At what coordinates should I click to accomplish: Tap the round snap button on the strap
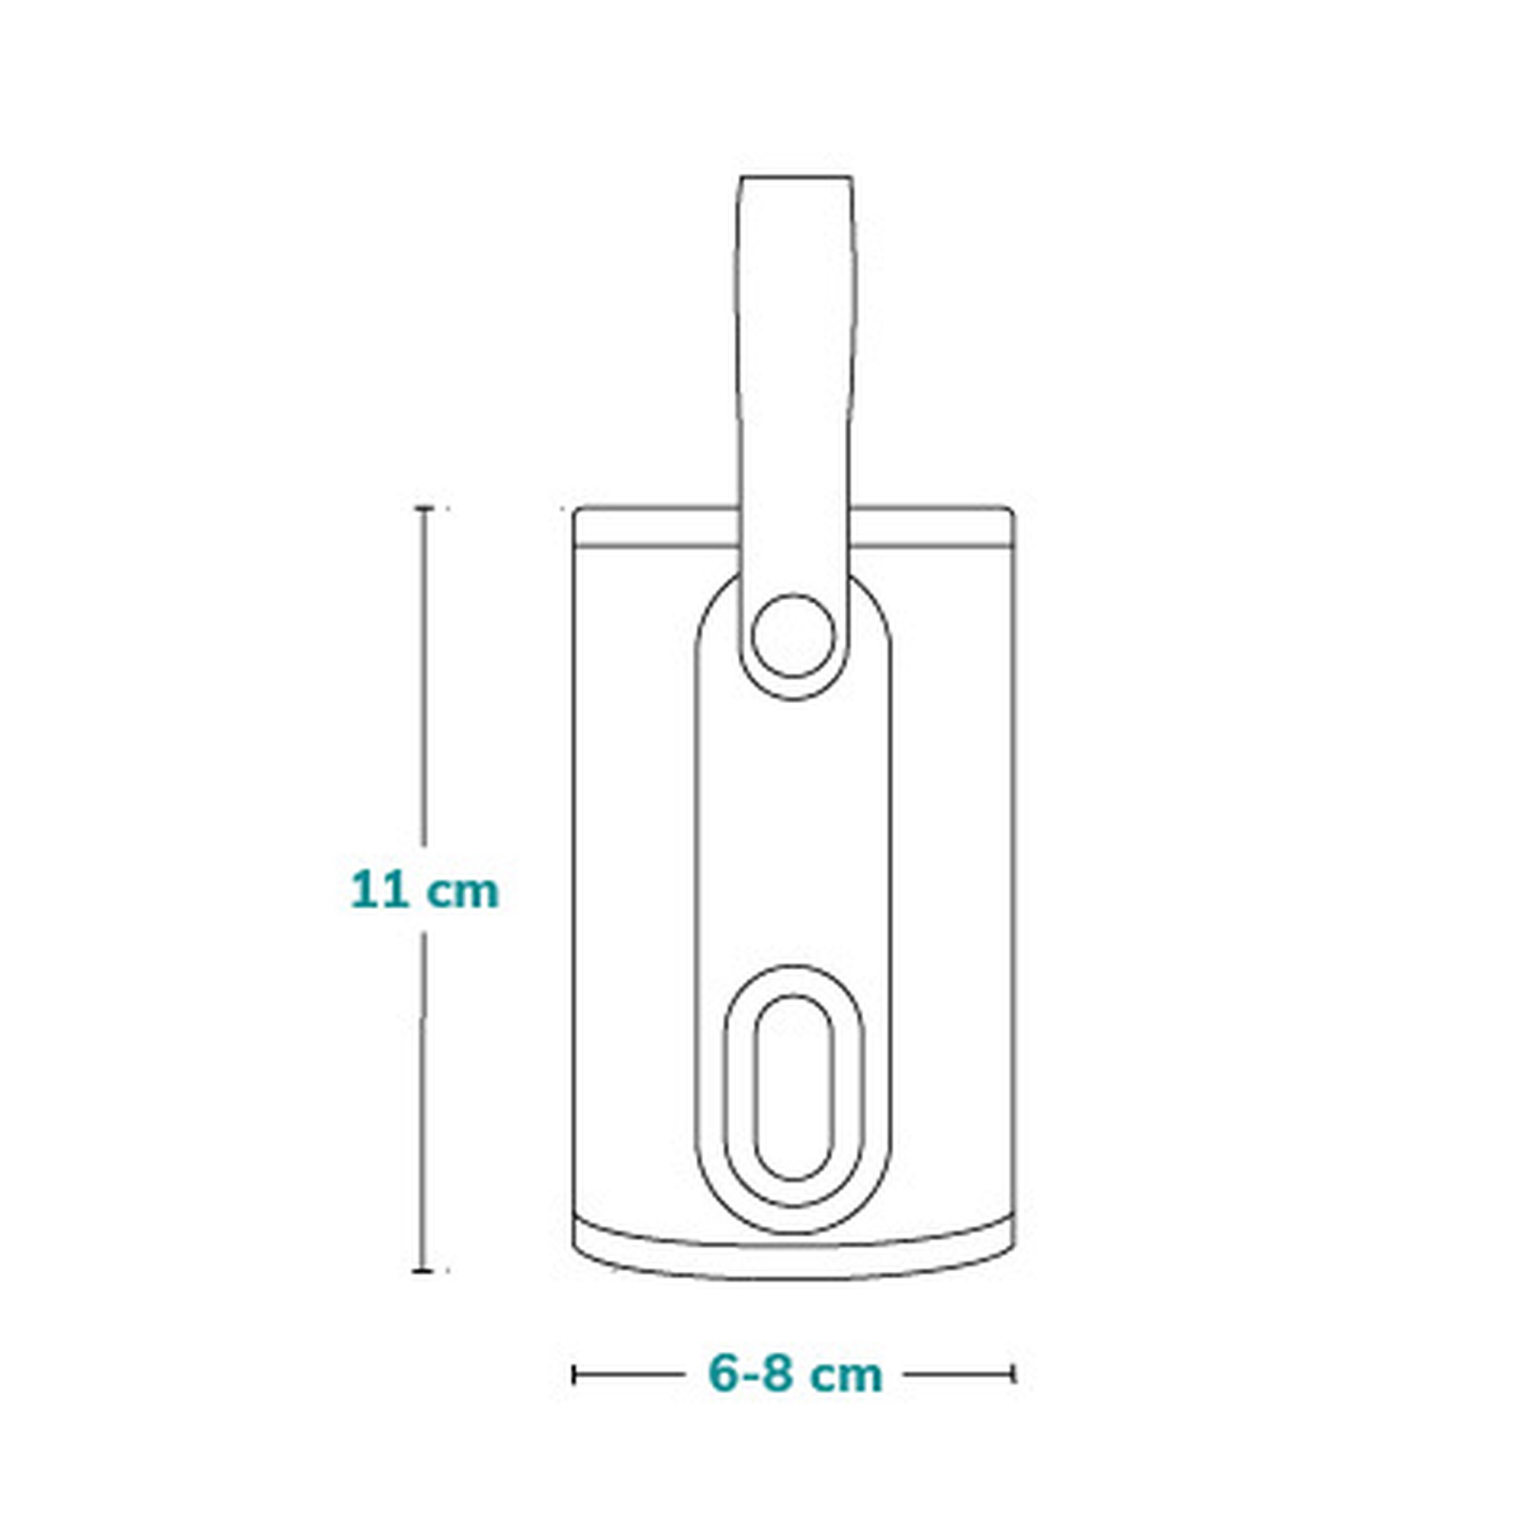coord(793,635)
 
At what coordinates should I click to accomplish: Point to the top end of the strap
coord(795,177)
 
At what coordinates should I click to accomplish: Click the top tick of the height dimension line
coord(425,509)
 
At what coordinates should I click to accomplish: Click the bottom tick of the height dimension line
coord(425,1271)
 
